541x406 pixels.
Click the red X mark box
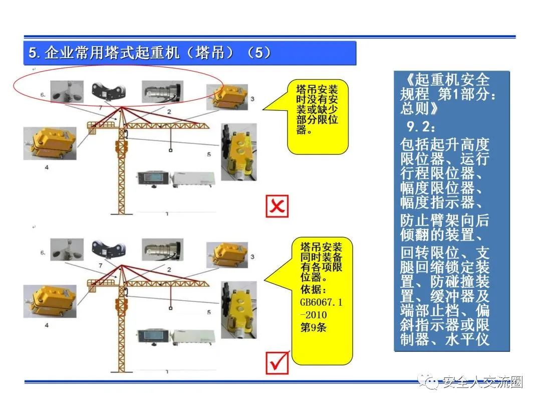(277, 206)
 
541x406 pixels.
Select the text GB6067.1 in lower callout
(321, 302)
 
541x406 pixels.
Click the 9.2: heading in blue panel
(421, 127)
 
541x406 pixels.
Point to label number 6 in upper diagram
(43, 94)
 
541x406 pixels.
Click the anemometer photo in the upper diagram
(67, 92)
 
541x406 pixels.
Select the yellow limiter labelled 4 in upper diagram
(50, 143)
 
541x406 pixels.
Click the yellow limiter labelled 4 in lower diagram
(50, 301)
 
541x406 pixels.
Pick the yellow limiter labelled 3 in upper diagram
(227, 97)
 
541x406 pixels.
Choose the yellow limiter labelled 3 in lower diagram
(227, 255)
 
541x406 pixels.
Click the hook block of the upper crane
(170, 150)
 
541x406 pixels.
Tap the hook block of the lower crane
(170, 308)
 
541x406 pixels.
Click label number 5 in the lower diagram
(209, 312)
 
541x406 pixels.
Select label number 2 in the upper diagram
(169, 111)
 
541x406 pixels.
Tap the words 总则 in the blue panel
(416, 108)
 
